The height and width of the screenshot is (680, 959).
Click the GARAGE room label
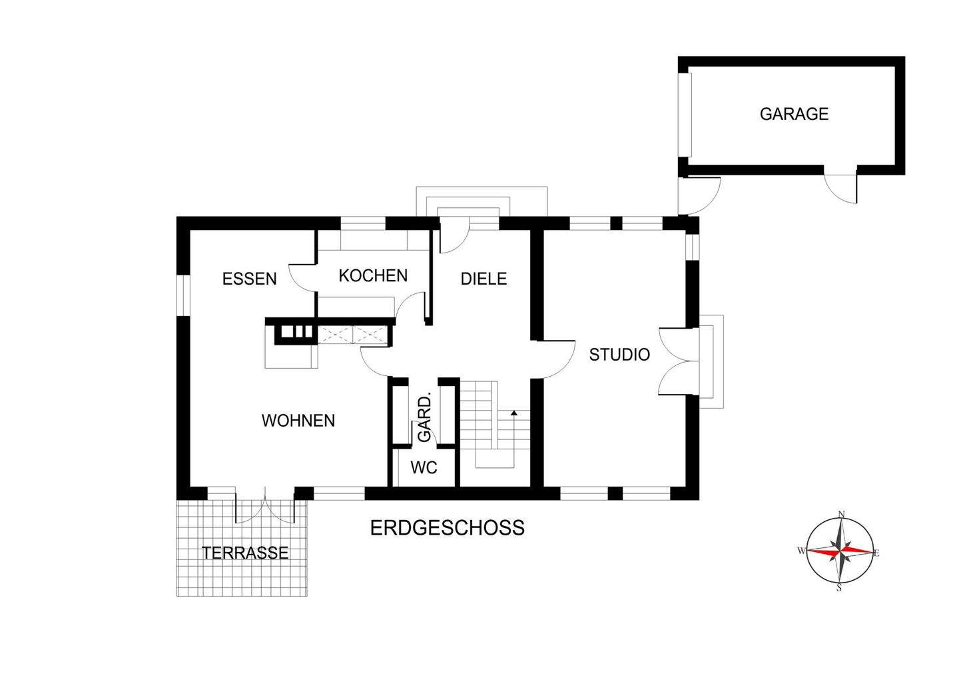[794, 114]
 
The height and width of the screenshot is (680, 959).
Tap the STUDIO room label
[619, 355]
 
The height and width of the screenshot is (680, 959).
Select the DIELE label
[484, 279]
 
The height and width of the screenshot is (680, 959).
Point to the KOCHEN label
[373, 275]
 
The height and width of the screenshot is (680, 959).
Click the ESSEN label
[249, 279]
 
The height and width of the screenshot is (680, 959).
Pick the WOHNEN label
[298, 421]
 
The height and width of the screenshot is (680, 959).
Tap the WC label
[424, 468]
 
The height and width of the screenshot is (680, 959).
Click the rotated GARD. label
[425, 417]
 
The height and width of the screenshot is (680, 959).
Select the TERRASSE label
[245, 553]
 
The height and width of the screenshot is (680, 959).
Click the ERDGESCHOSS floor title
[447, 528]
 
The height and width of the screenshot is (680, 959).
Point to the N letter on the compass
[841, 514]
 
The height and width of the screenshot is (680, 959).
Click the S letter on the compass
[839, 588]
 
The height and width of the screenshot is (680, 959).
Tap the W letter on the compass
[800, 551]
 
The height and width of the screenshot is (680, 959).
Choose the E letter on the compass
[877, 552]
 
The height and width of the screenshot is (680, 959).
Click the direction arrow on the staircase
[513, 415]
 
